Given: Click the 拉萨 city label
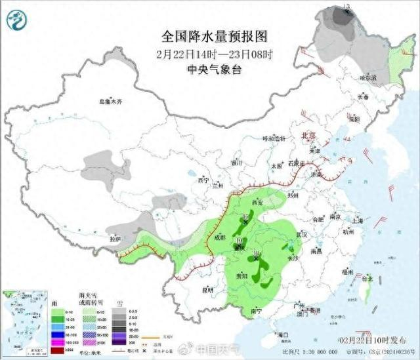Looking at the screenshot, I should pyautogui.click(x=115, y=240).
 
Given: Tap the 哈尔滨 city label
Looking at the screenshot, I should pyautogui.click(x=369, y=77).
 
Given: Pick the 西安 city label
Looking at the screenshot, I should pyautogui.click(x=257, y=203).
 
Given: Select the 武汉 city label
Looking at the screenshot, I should pyautogui.click(x=301, y=234).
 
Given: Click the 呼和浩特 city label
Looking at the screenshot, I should pyautogui.click(x=275, y=139).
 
